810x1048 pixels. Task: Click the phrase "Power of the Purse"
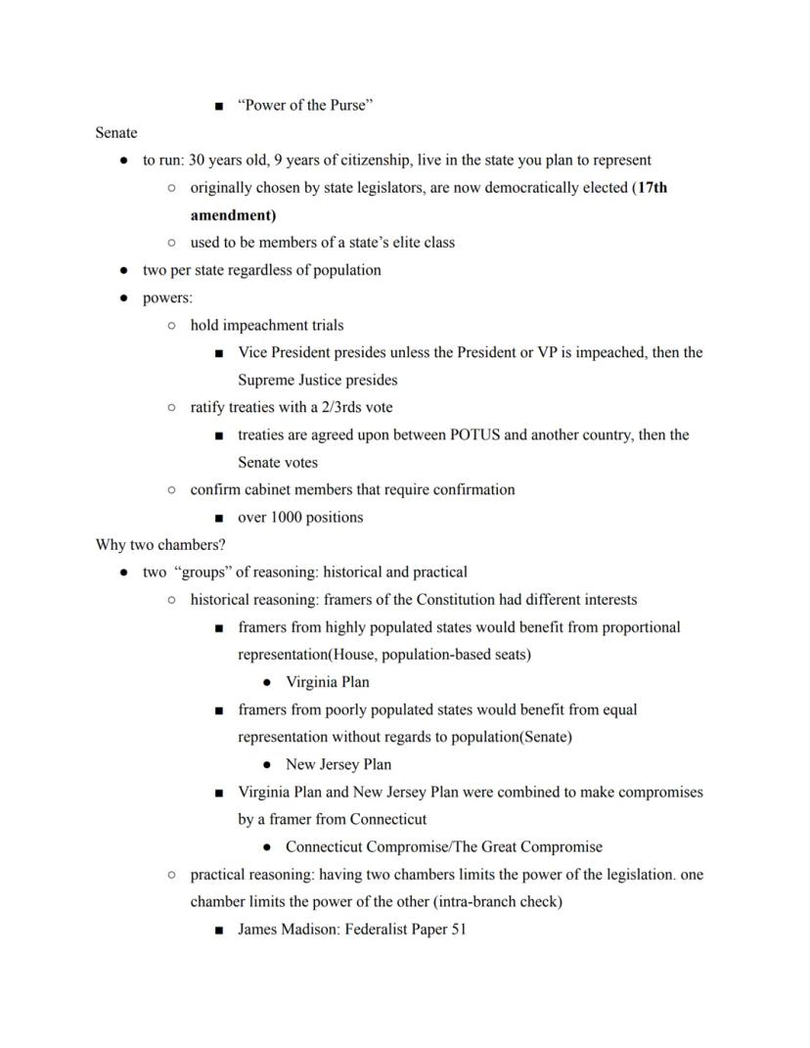[304, 105]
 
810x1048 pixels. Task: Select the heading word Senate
[116, 132]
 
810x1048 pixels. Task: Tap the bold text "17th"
[652, 187]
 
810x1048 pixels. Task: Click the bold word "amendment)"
[233, 214]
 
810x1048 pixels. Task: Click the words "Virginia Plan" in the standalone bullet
[327, 682]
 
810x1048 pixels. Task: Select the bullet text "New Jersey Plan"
[337, 764]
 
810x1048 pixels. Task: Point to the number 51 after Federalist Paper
[458, 929]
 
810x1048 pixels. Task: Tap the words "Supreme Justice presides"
[317, 380]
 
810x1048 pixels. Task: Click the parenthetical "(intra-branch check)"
[497, 901]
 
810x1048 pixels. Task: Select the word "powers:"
[167, 297]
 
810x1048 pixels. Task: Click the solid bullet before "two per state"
[123, 270]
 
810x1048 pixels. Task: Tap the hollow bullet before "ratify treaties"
[171, 407]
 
